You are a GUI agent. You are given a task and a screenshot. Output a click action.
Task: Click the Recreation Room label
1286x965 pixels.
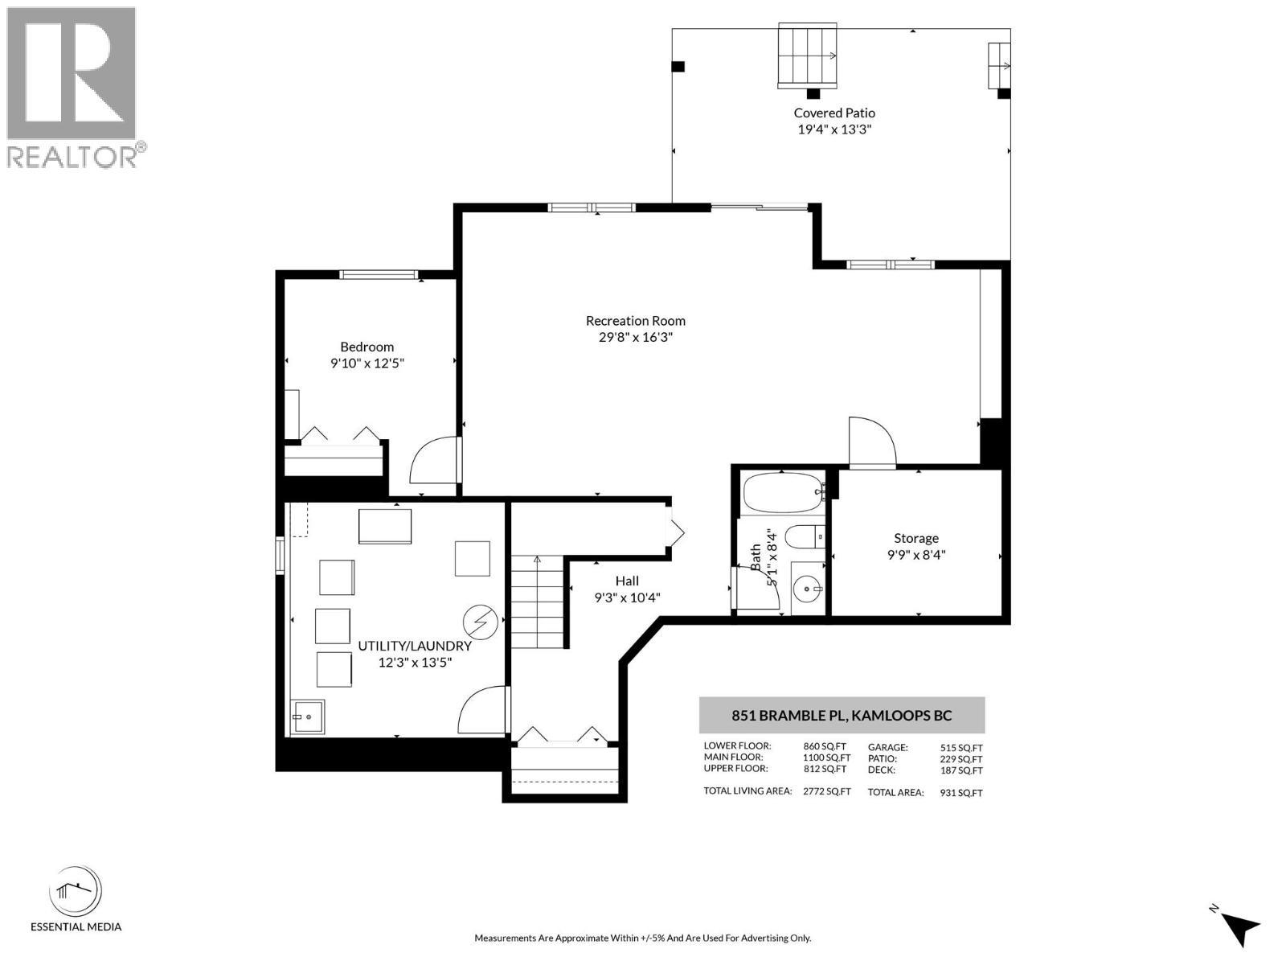(635, 320)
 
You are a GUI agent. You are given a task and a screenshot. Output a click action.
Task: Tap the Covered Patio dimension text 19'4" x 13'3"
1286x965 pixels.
(834, 129)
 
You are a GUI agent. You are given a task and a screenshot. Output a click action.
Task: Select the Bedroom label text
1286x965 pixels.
(367, 347)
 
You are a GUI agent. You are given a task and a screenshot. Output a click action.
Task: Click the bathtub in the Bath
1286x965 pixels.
(782, 492)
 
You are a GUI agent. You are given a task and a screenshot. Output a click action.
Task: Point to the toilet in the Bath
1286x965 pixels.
(805, 536)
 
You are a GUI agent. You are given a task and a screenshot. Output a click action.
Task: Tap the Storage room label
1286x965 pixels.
(916, 538)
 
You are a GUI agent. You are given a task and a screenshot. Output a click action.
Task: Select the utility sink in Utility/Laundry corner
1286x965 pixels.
(307, 717)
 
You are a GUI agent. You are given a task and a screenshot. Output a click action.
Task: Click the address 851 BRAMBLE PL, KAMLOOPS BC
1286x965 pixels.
(842, 715)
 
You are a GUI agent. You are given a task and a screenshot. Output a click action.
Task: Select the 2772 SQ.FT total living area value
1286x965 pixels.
(826, 792)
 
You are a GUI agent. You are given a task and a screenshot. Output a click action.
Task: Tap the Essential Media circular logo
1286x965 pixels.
(76, 892)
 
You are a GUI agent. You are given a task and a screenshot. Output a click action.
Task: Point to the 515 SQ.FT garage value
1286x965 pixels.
(961, 748)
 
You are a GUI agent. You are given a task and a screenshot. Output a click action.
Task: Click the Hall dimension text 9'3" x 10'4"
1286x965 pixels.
(627, 597)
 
